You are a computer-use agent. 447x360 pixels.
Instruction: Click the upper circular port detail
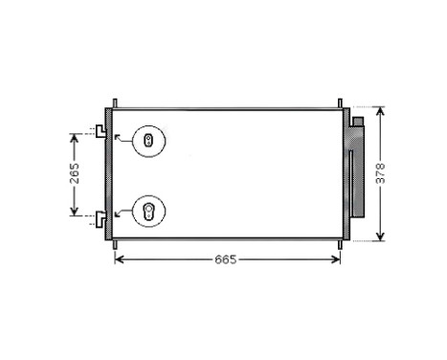click(x=148, y=142)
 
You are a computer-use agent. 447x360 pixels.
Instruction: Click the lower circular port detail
click(x=148, y=211)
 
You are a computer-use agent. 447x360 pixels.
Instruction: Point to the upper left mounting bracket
click(x=100, y=131)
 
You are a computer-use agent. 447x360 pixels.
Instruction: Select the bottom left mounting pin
click(x=115, y=244)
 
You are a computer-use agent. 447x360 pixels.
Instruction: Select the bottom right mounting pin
click(x=339, y=244)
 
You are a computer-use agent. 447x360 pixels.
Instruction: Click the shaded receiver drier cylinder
click(x=357, y=174)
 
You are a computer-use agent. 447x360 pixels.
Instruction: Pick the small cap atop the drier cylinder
click(x=357, y=123)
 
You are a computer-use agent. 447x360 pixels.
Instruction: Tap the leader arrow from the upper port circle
click(x=120, y=139)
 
